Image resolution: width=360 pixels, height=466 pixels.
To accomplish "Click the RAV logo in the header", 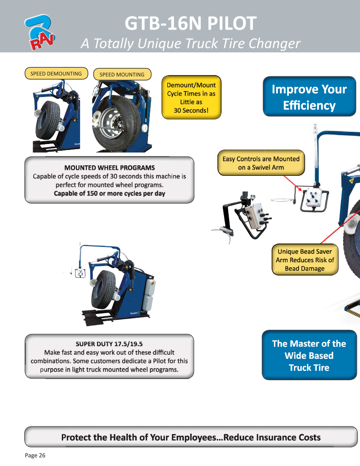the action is click(39, 32).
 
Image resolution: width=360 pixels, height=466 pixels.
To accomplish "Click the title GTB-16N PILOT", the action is click(191, 23).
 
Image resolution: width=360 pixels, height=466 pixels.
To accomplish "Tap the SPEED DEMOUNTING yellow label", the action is click(56, 73).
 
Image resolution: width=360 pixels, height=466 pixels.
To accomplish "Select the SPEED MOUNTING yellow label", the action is click(122, 74).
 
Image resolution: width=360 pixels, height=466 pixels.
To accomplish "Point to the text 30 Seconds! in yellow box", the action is click(191, 110).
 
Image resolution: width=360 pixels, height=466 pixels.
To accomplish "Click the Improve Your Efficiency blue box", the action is click(309, 97).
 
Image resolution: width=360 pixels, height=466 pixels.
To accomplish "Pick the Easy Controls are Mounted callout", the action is click(261, 163).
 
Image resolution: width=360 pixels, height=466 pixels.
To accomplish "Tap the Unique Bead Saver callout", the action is click(305, 260).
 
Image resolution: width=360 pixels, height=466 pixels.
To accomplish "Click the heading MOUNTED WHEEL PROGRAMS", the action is click(110, 168).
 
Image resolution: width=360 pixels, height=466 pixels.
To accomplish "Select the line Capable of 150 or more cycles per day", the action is click(110, 194).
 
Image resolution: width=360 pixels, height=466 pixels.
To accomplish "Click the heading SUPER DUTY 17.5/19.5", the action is click(109, 344).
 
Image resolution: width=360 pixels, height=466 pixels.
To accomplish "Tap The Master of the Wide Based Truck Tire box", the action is click(309, 355).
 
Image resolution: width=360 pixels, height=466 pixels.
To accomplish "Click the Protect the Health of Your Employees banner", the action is click(191, 437).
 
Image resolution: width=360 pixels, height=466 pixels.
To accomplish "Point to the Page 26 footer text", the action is click(35, 455).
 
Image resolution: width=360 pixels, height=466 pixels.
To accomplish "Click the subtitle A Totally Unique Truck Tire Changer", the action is click(191, 43).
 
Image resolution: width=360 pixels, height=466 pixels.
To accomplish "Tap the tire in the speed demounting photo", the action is click(47, 120).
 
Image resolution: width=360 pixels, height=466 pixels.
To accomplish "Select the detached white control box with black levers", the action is click(255, 216).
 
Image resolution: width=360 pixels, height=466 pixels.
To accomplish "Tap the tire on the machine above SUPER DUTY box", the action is click(103, 289).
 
